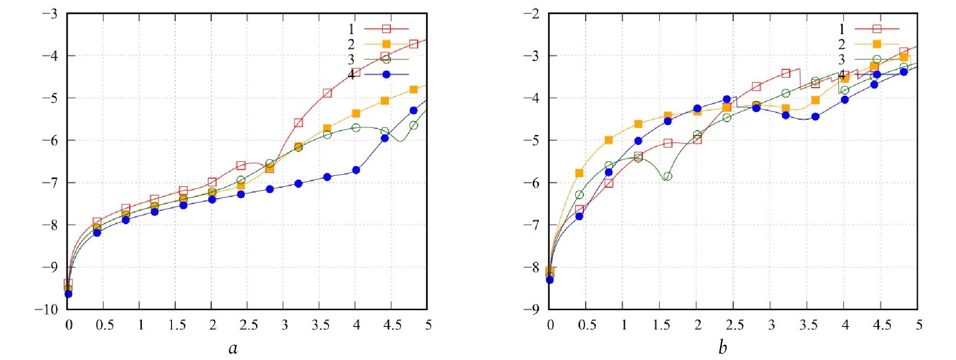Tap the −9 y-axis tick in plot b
[x=532, y=310]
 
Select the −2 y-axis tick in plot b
[x=532, y=14]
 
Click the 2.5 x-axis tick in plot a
[x=249, y=326]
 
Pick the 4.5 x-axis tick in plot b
[x=882, y=326]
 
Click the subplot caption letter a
[x=233, y=349]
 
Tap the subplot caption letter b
[x=722, y=348]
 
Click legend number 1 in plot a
[x=352, y=29]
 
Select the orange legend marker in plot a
[x=387, y=45]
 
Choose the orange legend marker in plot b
[x=877, y=44]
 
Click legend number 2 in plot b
[x=842, y=45]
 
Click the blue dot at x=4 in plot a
[x=356, y=170]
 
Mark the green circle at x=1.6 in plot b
[x=667, y=176]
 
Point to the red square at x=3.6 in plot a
[x=327, y=93]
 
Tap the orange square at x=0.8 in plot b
[x=608, y=140]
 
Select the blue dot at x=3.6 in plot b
[x=815, y=116]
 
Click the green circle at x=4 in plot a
[x=356, y=128]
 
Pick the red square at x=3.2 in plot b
[x=785, y=73]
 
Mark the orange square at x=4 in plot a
[x=356, y=113]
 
